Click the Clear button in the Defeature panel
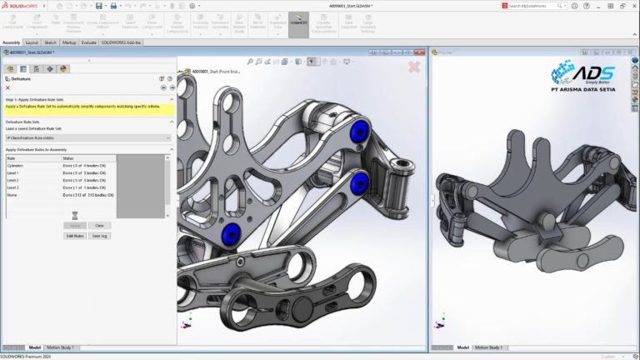click(x=98, y=225)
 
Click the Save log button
click(x=99, y=236)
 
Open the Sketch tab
click(x=50, y=42)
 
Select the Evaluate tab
click(x=89, y=42)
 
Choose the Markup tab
click(x=69, y=42)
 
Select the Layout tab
click(x=32, y=42)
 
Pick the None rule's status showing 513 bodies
click(x=87, y=195)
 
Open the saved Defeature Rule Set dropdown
click(x=87, y=137)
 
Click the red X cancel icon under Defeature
click(x=8, y=87)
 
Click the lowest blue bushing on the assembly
click(x=232, y=232)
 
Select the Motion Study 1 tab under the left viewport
click(x=60, y=347)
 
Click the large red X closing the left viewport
click(x=414, y=67)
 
